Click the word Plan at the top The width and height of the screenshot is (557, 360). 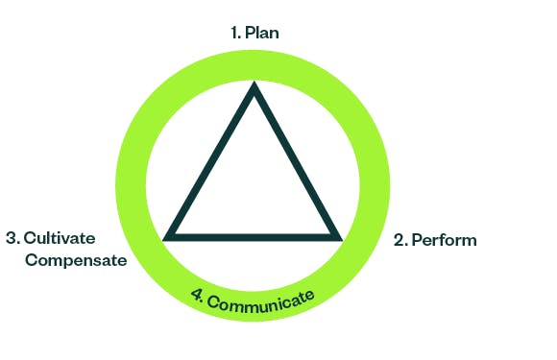[x=262, y=33]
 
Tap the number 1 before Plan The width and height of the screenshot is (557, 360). [x=233, y=33]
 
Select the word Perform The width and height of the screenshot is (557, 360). [x=444, y=240]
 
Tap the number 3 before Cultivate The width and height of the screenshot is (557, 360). [x=11, y=237]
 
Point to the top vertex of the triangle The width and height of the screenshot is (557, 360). [x=254, y=88]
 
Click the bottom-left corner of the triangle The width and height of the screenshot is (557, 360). [x=169, y=235]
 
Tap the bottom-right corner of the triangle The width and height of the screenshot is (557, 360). [x=338, y=235]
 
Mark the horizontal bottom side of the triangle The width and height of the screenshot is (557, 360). [x=254, y=235]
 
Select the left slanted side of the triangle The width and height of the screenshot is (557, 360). [x=211, y=161]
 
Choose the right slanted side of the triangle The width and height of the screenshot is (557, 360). [x=297, y=161]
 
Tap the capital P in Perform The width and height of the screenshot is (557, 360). [x=416, y=240]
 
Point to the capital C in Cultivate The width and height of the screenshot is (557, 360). [x=30, y=237]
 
